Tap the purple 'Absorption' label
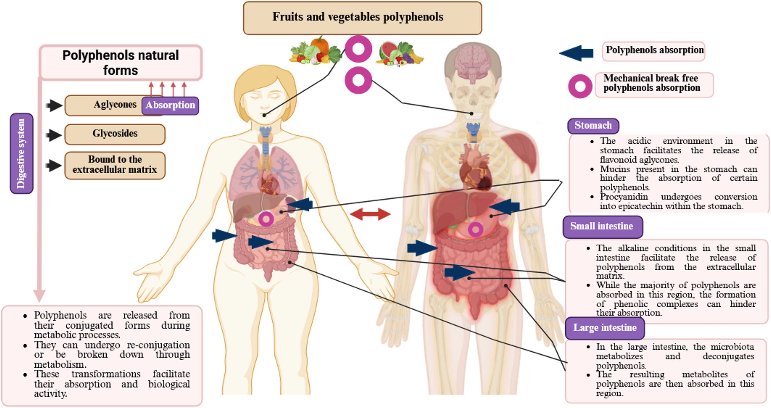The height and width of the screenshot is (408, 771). (170, 105)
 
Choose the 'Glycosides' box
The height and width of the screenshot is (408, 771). (115, 134)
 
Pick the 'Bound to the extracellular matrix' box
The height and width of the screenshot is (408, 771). (115, 165)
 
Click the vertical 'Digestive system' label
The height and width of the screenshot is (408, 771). (21, 153)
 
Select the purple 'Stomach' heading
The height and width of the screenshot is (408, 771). (593, 125)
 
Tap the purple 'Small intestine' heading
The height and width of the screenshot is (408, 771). (602, 226)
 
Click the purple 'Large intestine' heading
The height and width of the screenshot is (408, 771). (605, 328)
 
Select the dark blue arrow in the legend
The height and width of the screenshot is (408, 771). (576, 53)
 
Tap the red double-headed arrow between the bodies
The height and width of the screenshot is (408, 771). (370, 214)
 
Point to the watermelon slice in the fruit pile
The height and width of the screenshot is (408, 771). (388, 50)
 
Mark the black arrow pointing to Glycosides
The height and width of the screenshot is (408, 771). (54, 135)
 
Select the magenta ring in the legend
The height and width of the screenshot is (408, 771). (580, 86)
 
